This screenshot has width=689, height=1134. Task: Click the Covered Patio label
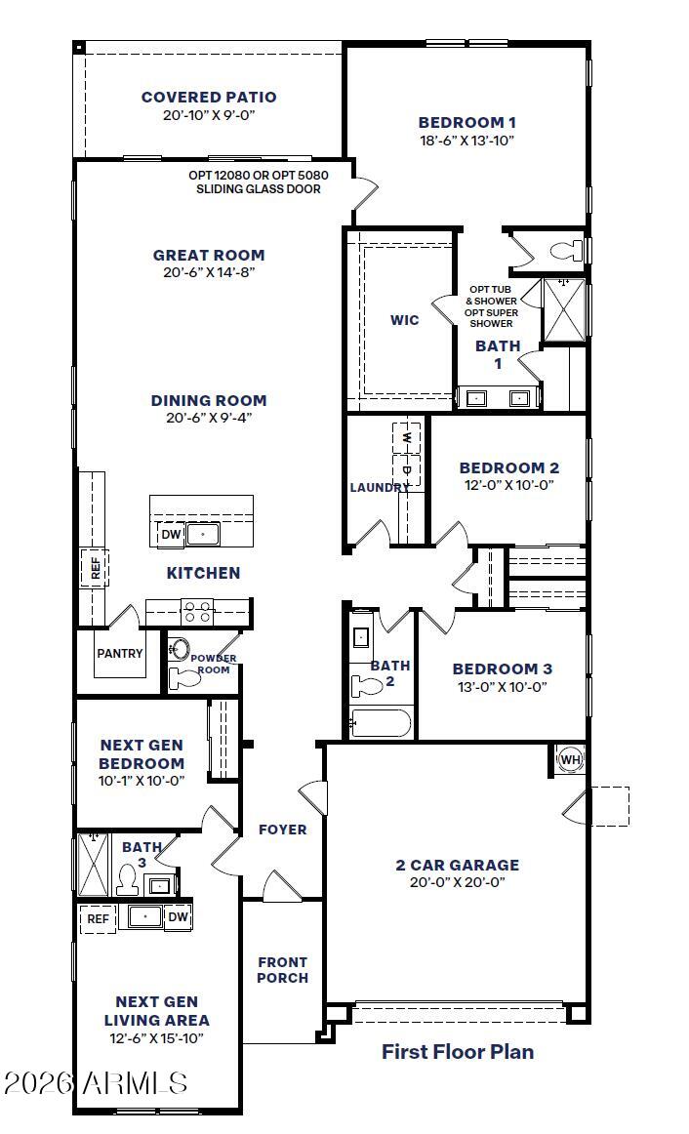point(209,97)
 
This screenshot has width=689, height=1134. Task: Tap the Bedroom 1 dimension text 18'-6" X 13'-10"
point(467,141)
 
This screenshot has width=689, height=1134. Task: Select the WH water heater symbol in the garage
point(571,759)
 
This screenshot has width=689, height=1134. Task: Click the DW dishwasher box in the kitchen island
point(171,535)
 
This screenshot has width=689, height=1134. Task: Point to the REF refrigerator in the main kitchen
point(95,568)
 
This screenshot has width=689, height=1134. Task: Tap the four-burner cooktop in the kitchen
point(197,612)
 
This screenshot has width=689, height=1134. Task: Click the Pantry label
point(120,653)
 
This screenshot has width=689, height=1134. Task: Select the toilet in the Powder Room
point(185,678)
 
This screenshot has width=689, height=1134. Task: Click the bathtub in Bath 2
point(381,723)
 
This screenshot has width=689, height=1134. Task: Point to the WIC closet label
point(404,320)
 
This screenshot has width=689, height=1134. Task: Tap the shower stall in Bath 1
point(564,309)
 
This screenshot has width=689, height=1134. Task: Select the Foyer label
point(283,830)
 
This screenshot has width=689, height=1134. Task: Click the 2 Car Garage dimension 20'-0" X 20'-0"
point(458,881)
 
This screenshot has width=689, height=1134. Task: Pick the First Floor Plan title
point(458,1052)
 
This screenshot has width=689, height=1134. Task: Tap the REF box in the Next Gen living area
point(98,919)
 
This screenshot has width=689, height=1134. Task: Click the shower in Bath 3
point(94,865)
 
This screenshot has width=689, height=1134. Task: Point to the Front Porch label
point(283,970)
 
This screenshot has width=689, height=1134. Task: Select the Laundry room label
point(380,487)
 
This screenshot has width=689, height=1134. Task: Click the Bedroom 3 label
point(503,668)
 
